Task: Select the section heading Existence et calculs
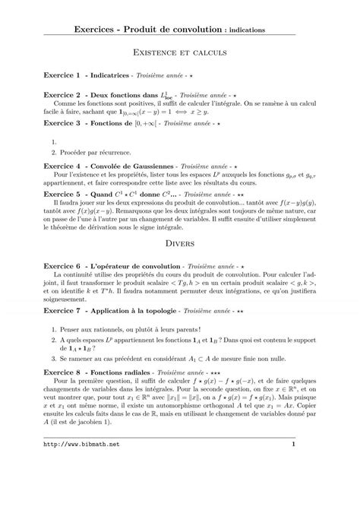(180, 55)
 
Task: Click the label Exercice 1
(62, 77)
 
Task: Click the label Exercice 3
(62, 122)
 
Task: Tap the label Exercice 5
(62, 194)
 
